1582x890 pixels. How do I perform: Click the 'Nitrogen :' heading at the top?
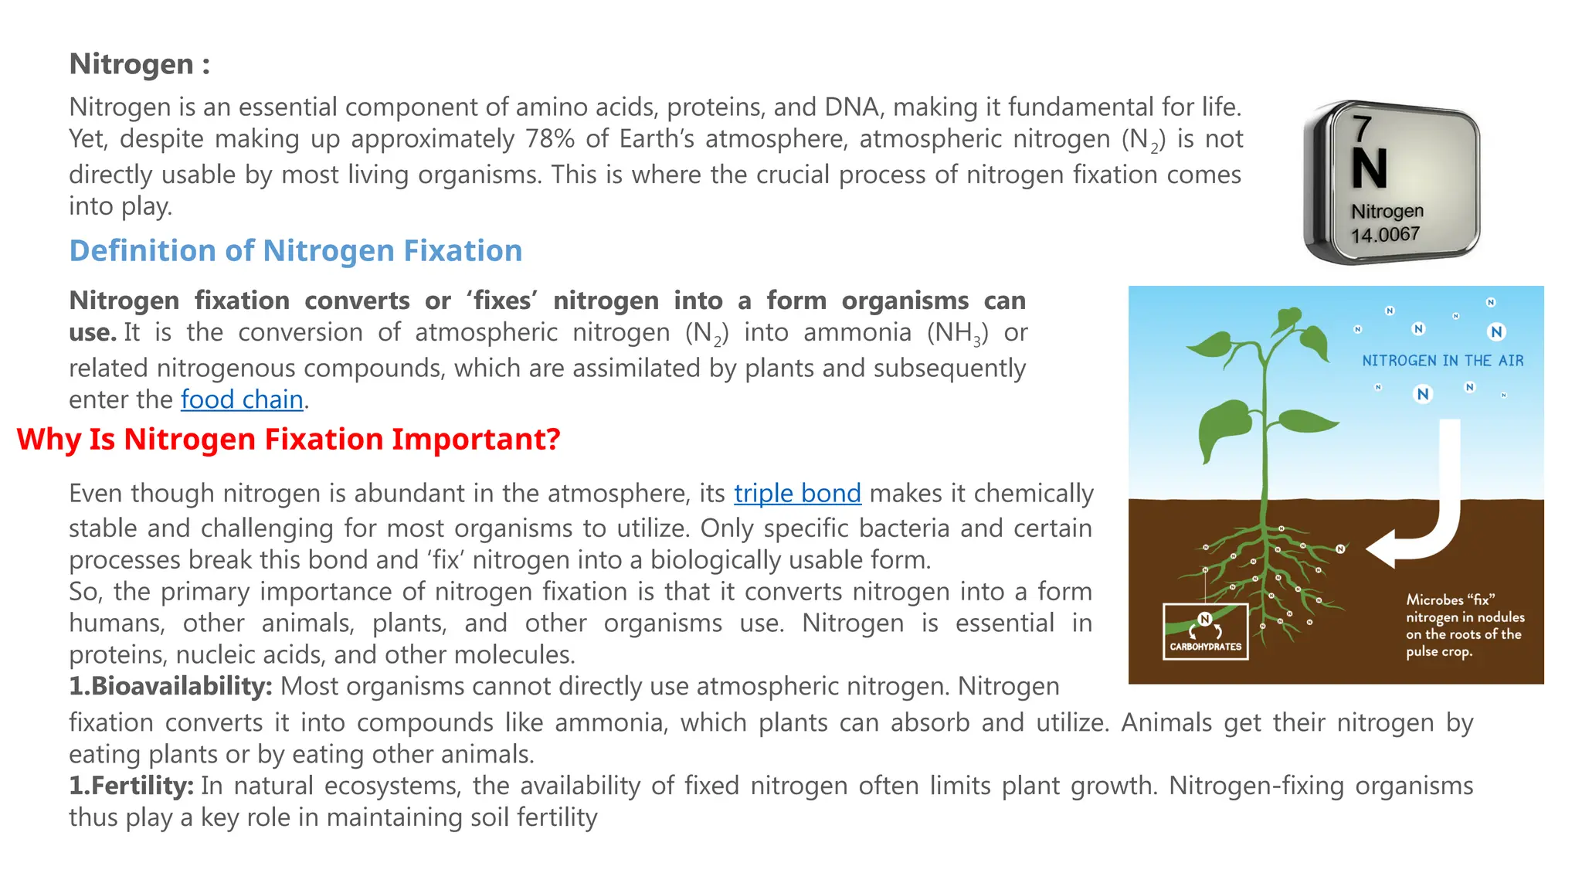tap(139, 64)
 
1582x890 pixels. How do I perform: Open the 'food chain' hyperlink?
tap(242, 399)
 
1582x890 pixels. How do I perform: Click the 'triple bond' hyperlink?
tap(797, 493)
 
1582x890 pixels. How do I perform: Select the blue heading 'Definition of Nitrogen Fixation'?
tap(296, 251)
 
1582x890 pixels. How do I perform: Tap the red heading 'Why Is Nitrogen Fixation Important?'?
tap(288, 439)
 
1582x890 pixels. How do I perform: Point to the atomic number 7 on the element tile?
tap(1362, 128)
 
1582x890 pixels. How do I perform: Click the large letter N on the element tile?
tap(1370, 168)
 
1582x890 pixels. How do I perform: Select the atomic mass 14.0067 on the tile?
tap(1385, 234)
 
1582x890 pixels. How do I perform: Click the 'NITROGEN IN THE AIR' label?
tap(1442, 361)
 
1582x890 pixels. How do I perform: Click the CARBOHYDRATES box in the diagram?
tap(1205, 632)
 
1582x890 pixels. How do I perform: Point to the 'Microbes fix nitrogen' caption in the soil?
tap(1465, 625)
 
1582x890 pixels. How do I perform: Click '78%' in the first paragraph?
tap(550, 139)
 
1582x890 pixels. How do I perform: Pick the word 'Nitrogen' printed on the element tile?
tap(1387, 211)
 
